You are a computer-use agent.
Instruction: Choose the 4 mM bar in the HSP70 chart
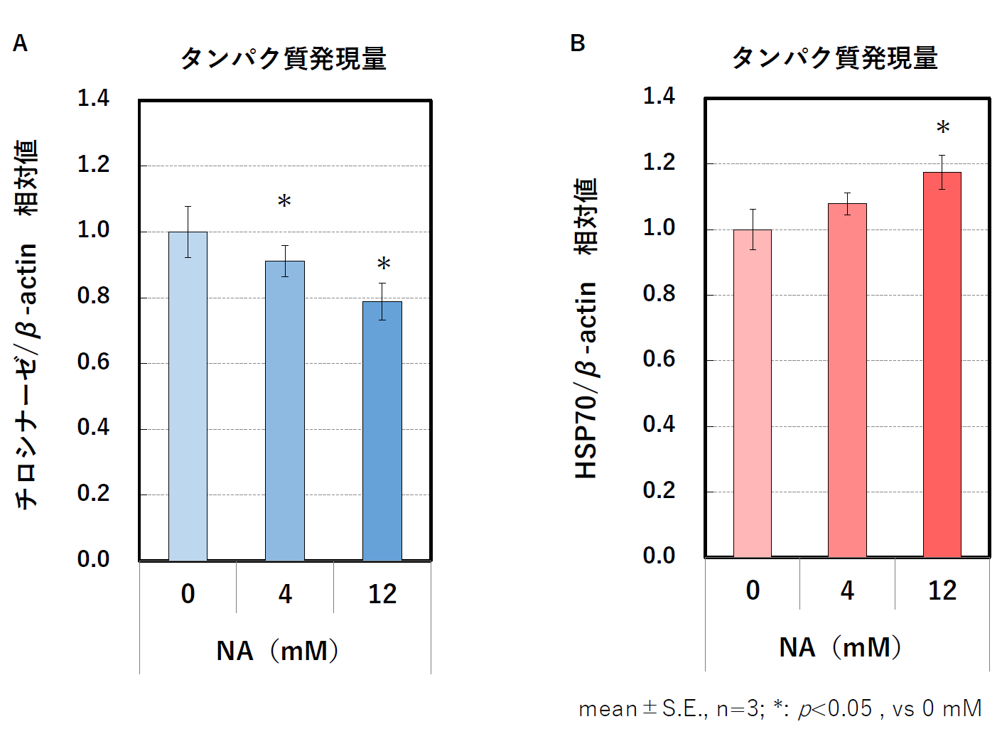847,380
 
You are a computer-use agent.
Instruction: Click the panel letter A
20,44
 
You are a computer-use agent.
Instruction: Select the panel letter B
578,43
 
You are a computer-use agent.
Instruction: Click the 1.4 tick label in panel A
93,98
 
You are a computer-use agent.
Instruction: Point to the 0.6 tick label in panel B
659,359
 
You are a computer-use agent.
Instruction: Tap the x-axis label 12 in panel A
382,594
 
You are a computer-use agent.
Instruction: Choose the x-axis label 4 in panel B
847,590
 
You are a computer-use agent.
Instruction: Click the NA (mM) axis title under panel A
278,651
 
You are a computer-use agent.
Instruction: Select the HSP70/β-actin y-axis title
586,328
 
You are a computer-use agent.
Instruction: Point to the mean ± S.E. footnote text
780,708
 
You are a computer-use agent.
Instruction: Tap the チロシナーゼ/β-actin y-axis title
26,324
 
